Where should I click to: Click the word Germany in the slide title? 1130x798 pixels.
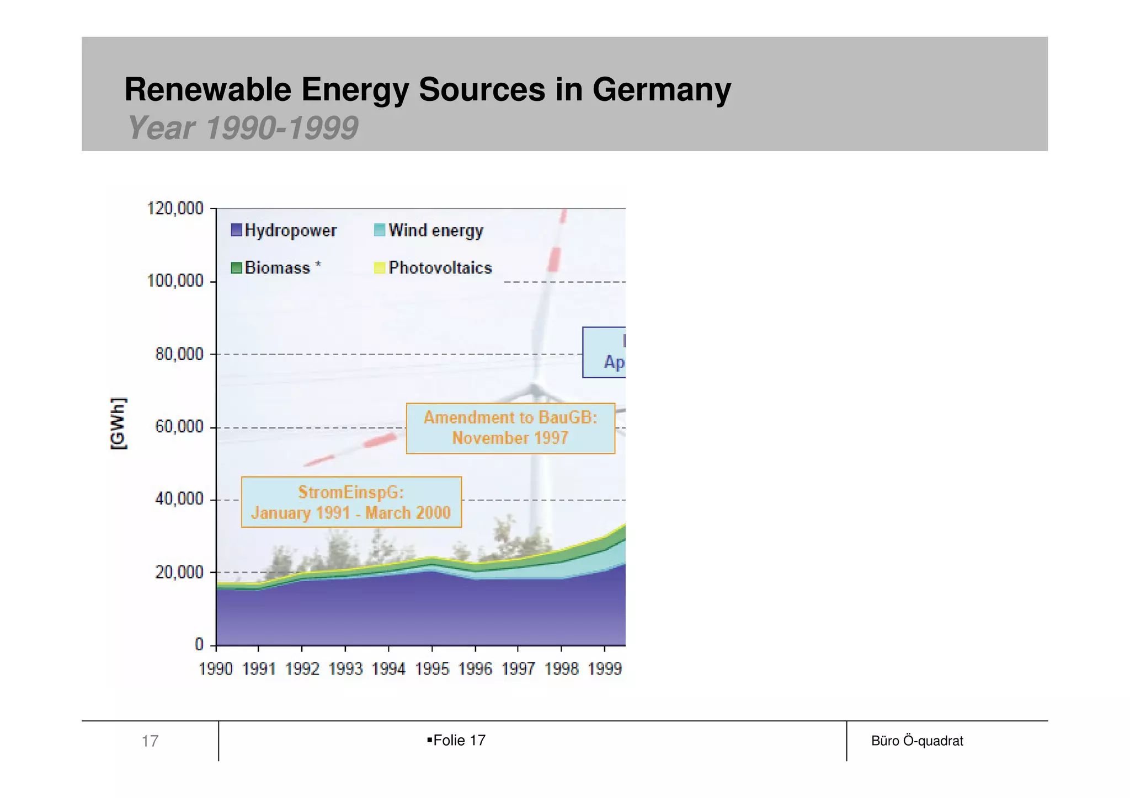(661, 89)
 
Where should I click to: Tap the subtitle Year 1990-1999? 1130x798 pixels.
(243, 128)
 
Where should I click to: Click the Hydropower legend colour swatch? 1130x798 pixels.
(236, 230)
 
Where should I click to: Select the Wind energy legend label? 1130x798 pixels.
(435, 230)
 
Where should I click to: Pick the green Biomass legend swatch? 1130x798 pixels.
(236, 268)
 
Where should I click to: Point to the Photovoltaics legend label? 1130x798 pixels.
(440, 268)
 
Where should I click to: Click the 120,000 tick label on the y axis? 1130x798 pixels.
(175, 208)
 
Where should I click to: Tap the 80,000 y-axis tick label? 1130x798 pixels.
(179, 354)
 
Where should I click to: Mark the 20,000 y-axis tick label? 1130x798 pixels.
(179, 572)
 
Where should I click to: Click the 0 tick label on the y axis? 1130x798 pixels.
(199, 644)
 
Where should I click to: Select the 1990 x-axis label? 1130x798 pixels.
(215, 669)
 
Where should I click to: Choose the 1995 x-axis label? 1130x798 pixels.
(432, 669)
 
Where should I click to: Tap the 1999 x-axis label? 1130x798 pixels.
(605, 669)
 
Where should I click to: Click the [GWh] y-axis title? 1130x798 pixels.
(119, 423)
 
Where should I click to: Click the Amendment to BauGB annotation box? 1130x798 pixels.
(510, 428)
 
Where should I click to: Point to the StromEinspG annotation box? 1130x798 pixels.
(351, 502)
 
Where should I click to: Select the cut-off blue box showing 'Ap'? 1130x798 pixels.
(604, 352)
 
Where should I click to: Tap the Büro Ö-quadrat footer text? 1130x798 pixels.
(916, 741)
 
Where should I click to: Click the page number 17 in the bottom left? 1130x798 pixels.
(150, 741)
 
